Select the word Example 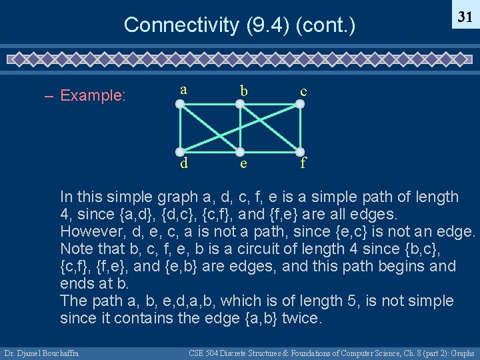[93, 95]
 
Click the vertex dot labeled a [180, 104]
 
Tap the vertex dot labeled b [241, 104]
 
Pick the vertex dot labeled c [301, 104]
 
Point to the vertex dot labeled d [180, 153]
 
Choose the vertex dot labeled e [241, 153]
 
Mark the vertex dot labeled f [301, 153]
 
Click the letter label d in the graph [183, 163]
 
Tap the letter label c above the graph [303, 90]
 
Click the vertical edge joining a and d [180, 128]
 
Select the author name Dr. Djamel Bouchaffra [41, 353]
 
